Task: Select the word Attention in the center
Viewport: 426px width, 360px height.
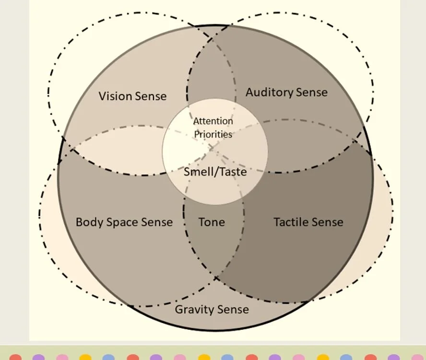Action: point(213,121)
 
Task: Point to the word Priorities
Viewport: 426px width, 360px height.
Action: point(213,134)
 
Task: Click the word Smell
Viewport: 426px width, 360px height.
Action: point(197,171)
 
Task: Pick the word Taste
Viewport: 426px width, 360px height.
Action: point(232,171)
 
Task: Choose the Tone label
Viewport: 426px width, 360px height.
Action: point(212,222)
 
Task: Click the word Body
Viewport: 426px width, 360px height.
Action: point(89,222)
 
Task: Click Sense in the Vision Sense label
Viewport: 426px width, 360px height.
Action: point(151,96)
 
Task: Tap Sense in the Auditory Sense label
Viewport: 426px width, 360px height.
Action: point(311,92)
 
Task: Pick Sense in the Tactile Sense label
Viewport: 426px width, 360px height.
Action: point(328,222)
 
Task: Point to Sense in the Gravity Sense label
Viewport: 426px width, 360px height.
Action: point(232,309)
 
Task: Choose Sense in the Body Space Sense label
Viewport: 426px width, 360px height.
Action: point(157,222)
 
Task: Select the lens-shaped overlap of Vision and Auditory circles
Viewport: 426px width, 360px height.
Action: point(211,72)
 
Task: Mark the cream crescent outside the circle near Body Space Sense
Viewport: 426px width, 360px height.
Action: point(48,216)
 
